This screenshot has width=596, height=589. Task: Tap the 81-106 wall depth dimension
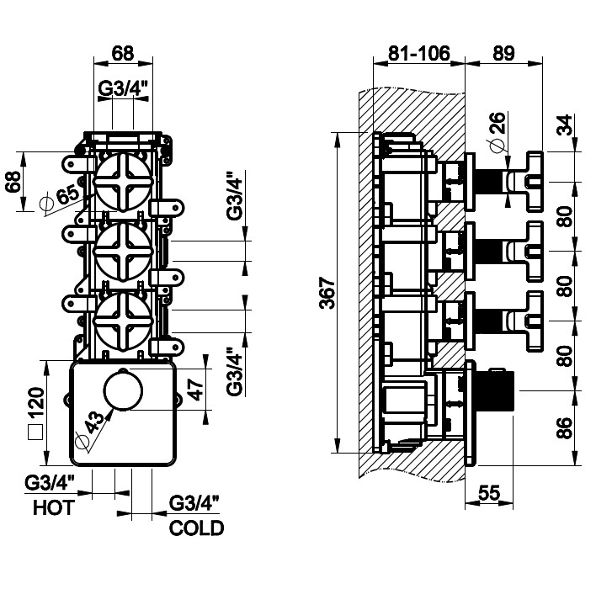click(x=418, y=52)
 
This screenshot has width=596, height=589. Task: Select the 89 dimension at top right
click(x=503, y=52)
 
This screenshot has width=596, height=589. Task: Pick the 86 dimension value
click(x=565, y=428)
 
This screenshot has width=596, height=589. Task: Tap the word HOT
click(x=54, y=508)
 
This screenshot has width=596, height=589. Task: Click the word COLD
click(x=196, y=528)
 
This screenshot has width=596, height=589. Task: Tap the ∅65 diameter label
click(x=59, y=198)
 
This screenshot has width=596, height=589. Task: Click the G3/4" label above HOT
click(x=50, y=483)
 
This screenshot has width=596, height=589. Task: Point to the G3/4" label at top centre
click(x=123, y=88)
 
